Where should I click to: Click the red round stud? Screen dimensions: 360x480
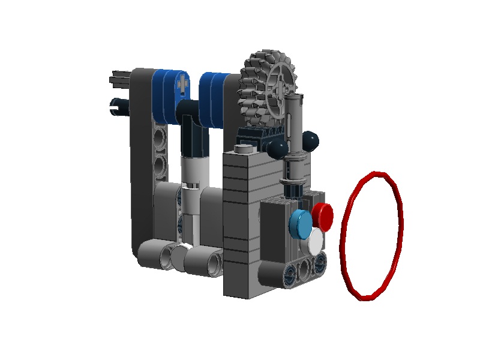pyautogui.click(x=322, y=215)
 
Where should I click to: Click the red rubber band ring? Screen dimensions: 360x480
pyautogui.click(x=371, y=234)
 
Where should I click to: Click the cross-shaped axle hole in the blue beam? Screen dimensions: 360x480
pyautogui.click(x=182, y=85)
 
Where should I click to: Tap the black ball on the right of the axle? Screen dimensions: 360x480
pyautogui.click(x=310, y=141)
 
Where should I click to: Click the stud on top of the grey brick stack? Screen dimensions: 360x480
pyautogui.click(x=242, y=148)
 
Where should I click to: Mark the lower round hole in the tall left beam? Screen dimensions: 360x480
pyautogui.click(x=160, y=164)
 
